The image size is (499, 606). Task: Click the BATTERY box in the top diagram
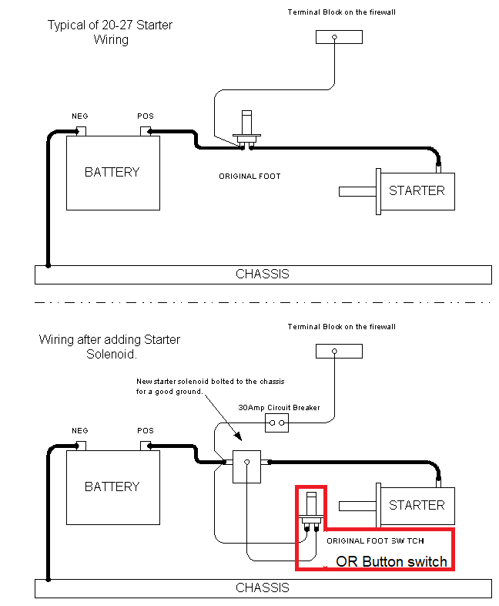pos(112,172)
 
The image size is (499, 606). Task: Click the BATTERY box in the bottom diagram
pos(112,486)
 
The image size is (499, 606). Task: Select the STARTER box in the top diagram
pos(417,190)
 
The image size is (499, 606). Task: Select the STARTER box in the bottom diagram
pos(417,505)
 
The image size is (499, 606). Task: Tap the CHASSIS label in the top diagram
pos(263,274)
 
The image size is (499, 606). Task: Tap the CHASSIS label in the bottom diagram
pos(263,587)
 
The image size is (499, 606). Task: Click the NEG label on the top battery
pos(80,116)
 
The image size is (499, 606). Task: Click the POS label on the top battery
pos(146,116)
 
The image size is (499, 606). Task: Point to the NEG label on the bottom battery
pos(80,431)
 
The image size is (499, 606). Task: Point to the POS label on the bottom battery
pos(146,431)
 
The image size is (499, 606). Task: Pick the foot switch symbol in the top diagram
pos(247,130)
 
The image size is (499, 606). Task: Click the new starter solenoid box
pos(246,466)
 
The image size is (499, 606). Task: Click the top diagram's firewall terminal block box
pos(338,36)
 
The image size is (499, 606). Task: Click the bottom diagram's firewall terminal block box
pos(338,351)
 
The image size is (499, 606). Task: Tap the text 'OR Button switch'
pos(391,561)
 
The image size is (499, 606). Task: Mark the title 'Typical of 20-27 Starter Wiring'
pos(110,32)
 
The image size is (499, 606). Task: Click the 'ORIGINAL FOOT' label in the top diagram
pos(249,177)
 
